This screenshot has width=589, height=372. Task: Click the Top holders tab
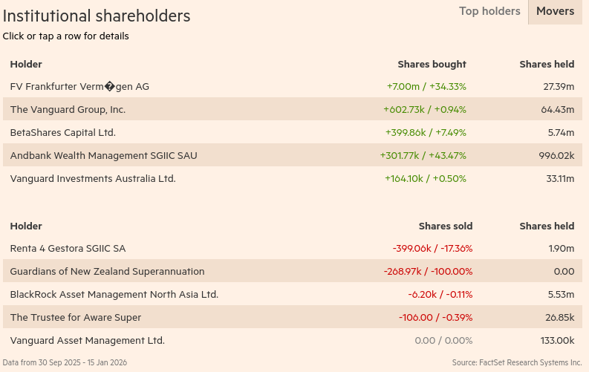click(489, 11)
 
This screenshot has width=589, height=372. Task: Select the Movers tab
click(555, 11)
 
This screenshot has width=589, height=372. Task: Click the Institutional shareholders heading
click(97, 16)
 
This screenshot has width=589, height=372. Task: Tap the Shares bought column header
click(432, 64)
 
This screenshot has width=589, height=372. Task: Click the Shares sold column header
click(446, 226)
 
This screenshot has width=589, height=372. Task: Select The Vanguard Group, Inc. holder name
click(68, 109)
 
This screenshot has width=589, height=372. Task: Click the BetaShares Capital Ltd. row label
click(62, 132)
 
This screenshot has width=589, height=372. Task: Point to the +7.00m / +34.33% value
click(426, 86)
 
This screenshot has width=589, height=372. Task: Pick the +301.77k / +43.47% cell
click(423, 155)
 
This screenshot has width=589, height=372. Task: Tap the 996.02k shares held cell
click(556, 155)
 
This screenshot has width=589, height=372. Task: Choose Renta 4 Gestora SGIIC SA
click(68, 248)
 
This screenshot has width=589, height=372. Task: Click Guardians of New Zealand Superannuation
click(107, 271)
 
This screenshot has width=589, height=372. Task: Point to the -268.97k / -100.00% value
click(428, 271)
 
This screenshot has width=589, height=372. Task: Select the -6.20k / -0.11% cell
click(440, 294)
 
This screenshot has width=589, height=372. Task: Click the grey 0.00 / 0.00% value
click(443, 340)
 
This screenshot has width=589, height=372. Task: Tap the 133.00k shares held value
click(557, 340)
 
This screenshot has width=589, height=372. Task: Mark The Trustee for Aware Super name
click(76, 317)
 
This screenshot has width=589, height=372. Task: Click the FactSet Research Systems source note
click(517, 362)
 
